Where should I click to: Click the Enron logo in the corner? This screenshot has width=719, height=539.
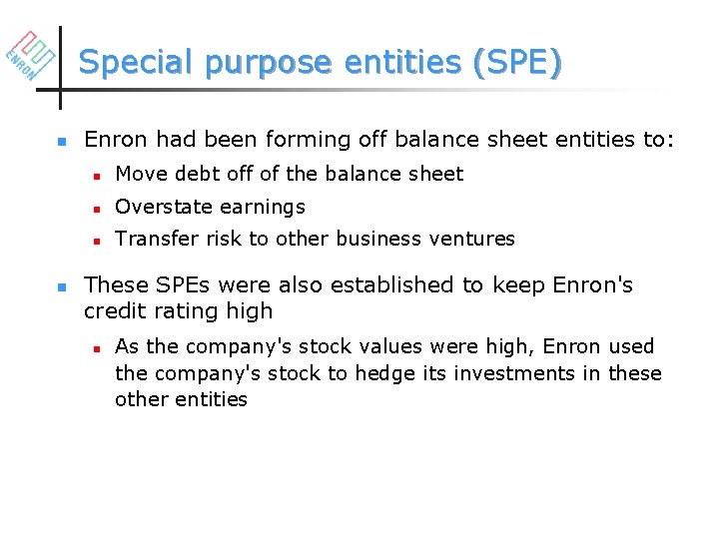click(x=29, y=56)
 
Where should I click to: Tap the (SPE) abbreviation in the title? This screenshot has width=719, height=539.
click(x=519, y=62)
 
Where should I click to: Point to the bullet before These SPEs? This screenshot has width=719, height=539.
click(x=62, y=286)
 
